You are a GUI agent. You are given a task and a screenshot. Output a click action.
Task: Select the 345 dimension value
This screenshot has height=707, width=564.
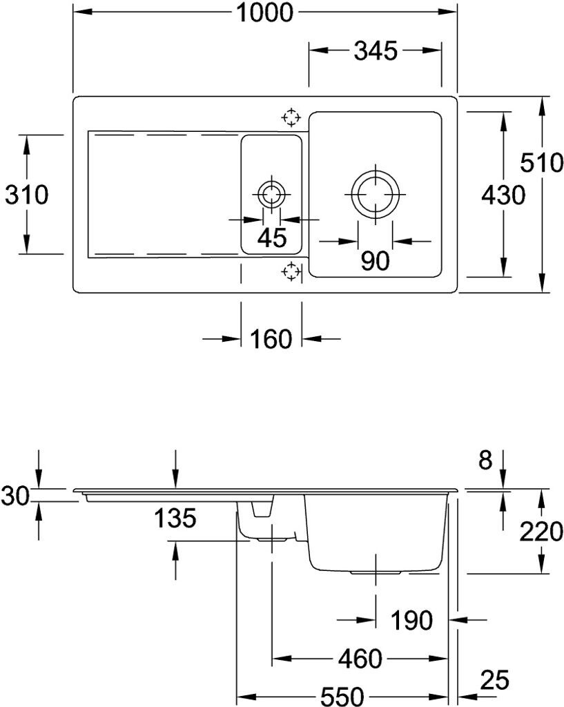coord(376,50)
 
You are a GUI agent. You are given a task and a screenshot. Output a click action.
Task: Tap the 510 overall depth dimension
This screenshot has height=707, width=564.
coord(541,164)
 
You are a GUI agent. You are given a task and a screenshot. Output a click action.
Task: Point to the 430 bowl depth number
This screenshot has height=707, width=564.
coord(503,196)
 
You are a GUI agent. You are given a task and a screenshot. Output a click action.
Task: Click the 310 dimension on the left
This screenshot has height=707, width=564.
coord(26,196)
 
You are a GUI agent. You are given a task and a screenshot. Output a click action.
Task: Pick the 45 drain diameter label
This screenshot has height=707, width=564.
coord(271,238)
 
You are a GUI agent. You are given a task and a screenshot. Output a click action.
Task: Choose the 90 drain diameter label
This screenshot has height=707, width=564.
coord(374,260)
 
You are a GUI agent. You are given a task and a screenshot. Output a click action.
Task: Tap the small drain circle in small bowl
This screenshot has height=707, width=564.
coord(271,195)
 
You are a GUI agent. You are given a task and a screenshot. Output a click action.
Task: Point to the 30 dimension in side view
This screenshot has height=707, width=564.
coord(15,495)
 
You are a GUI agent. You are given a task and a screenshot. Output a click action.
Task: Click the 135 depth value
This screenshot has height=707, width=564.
coord(175,517)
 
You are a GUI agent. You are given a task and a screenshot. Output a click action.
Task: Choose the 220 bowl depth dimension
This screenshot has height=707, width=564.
coord(541,532)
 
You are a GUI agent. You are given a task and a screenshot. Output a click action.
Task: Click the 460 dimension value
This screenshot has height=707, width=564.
coord(360,659)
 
